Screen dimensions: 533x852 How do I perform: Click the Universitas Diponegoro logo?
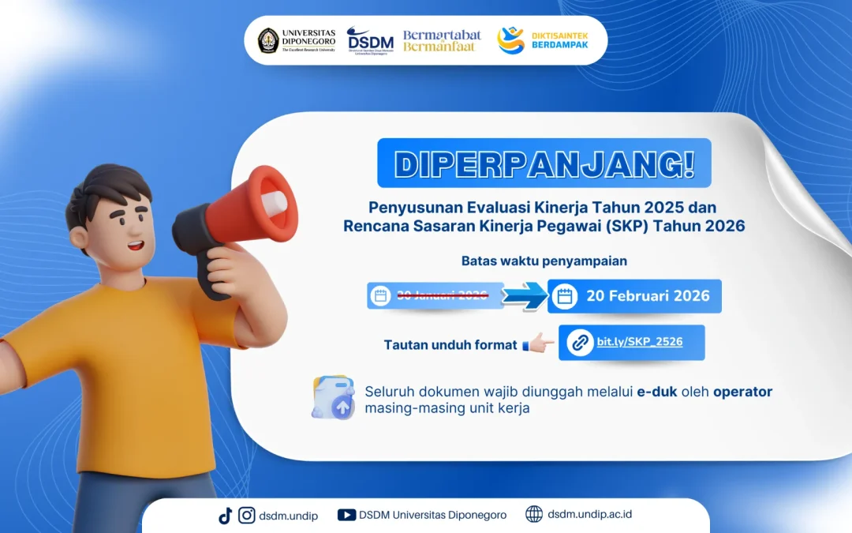point(296,40)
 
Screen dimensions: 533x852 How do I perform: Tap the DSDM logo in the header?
point(369,40)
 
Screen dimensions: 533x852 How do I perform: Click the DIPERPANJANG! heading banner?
point(544,163)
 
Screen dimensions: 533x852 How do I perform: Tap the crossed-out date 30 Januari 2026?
point(442,296)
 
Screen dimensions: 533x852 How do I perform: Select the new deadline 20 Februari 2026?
point(648,296)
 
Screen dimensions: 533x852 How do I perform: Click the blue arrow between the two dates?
point(525,296)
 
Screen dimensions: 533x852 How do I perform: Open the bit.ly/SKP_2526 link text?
point(639,342)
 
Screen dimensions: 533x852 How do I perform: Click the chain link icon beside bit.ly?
point(580,343)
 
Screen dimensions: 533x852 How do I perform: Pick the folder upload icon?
point(333,398)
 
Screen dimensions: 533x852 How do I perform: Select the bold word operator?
point(742,392)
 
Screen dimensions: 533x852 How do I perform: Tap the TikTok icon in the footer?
point(225,516)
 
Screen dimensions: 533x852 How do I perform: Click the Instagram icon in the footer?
point(247,516)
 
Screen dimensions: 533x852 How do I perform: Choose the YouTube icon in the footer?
point(346,516)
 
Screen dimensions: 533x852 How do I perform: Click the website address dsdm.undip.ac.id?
point(589,515)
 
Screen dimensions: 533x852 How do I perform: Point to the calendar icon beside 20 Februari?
point(564,297)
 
